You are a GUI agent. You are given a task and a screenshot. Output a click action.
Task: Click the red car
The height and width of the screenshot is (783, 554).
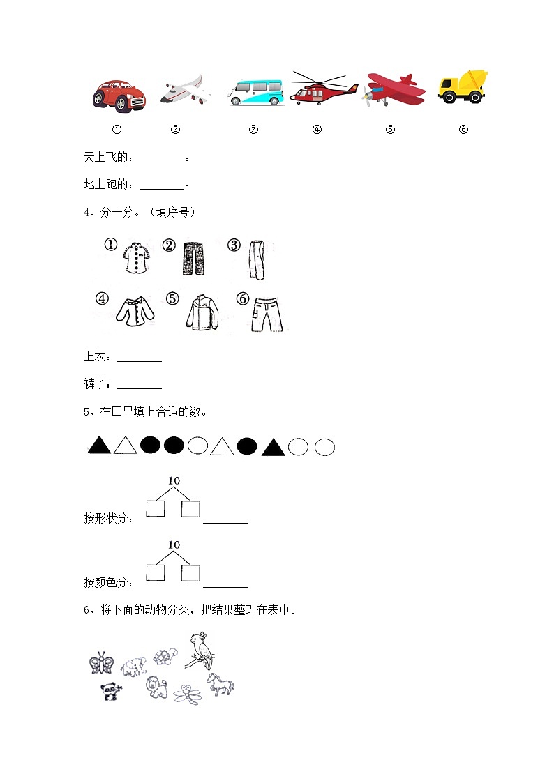tap(119, 94)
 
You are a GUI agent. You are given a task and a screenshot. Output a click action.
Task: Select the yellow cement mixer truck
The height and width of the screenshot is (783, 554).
tap(463, 86)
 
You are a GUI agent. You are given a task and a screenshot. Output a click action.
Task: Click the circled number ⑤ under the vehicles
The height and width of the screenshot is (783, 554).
tap(390, 129)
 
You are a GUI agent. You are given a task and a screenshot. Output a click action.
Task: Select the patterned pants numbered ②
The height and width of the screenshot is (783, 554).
tap(190, 260)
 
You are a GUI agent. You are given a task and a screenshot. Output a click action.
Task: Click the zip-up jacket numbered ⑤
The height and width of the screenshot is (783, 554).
tap(202, 312)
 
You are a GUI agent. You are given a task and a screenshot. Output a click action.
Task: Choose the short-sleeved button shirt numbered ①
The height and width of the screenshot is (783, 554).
tap(135, 259)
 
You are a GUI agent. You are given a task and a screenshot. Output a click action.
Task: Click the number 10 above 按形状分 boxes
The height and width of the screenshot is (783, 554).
tap(174, 480)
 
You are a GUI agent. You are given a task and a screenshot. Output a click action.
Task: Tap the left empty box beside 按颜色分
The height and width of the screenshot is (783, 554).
tap(156, 573)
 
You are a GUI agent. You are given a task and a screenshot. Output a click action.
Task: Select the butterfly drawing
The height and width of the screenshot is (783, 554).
tap(102, 662)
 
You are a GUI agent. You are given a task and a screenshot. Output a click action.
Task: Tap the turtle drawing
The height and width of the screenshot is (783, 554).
tap(166, 657)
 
